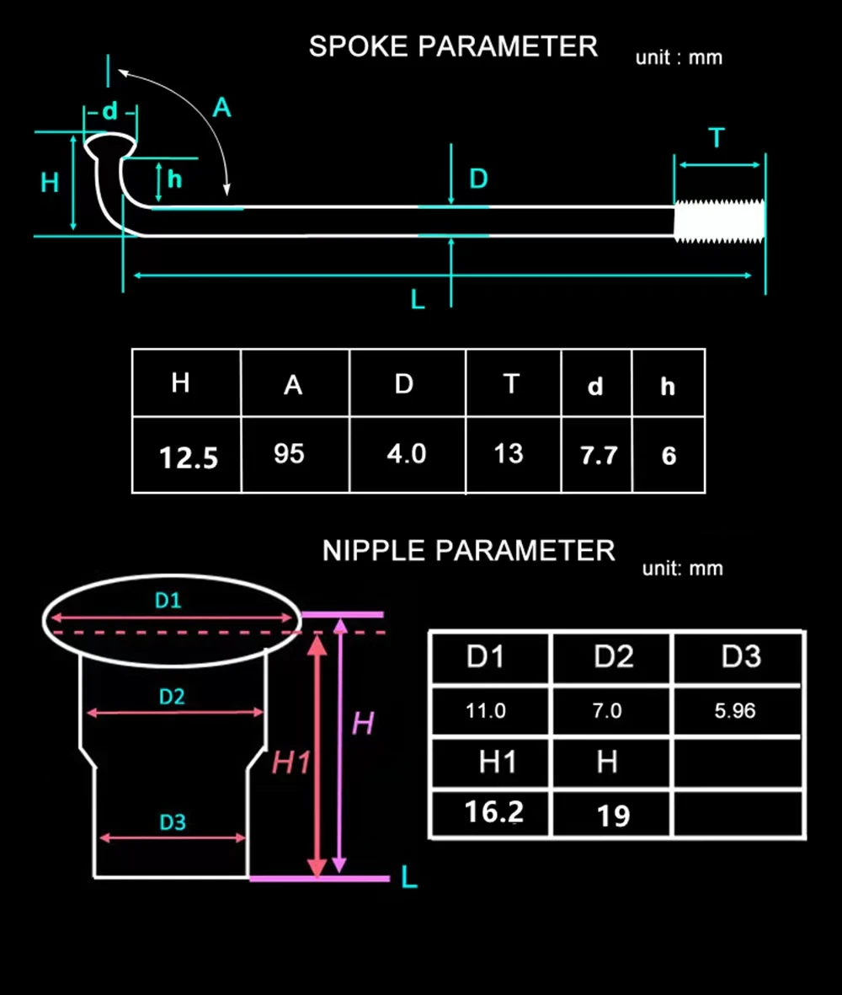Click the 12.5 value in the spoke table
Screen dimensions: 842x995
click(189, 457)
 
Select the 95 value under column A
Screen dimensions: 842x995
click(289, 454)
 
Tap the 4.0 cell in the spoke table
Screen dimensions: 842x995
click(407, 454)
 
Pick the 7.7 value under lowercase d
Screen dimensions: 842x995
click(599, 456)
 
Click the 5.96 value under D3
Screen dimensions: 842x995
click(735, 711)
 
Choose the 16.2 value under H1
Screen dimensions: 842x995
click(494, 811)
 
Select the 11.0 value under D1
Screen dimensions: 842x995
click(486, 711)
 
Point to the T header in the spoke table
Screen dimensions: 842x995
click(511, 384)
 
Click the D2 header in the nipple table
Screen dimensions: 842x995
click(613, 657)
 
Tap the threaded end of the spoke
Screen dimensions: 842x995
click(719, 221)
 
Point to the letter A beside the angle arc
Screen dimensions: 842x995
click(222, 108)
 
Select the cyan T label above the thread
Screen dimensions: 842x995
click(717, 137)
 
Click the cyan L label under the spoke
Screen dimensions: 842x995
click(417, 299)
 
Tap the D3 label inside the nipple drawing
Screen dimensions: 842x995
click(173, 822)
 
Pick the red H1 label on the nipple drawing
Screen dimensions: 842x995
click(291, 762)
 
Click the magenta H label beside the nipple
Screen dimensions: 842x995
click(363, 724)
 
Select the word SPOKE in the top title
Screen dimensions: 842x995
click(358, 47)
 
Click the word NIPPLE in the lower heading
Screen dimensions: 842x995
click(374, 551)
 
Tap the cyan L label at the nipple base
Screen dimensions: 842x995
click(409, 878)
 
